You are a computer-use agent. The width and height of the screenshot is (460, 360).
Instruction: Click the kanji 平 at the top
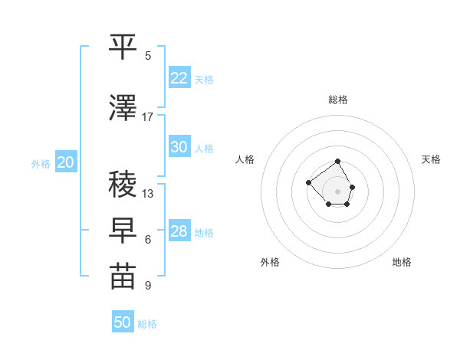tap(123, 47)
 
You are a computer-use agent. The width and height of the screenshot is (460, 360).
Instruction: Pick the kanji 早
tap(123, 231)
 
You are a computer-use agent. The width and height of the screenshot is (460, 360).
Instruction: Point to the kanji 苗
tap(123, 277)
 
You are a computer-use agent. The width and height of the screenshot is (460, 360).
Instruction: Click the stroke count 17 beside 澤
tap(148, 117)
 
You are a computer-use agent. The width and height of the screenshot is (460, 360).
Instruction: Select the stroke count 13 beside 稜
tap(148, 194)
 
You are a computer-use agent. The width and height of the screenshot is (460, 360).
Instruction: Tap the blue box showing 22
tap(179, 78)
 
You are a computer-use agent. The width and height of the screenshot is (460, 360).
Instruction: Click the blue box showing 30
tap(179, 147)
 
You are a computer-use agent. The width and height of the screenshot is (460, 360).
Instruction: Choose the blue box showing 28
tap(179, 231)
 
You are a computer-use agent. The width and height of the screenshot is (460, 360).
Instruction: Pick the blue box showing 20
tap(66, 162)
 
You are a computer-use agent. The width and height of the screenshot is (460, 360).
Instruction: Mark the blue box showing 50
tap(122, 322)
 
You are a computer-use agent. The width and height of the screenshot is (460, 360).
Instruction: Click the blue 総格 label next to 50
tap(147, 324)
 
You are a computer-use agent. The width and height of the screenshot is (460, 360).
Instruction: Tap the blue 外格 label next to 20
tap(41, 163)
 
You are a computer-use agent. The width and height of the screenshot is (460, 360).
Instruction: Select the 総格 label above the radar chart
tap(337, 100)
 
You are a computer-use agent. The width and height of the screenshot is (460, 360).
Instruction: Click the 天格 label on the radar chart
tap(431, 159)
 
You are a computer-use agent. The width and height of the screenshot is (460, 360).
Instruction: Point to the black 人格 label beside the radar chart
tap(245, 159)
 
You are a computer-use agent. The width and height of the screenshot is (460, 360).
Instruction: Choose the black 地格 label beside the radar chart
tap(402, 262)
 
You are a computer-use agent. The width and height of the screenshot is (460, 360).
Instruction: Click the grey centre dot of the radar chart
tap(337, 191)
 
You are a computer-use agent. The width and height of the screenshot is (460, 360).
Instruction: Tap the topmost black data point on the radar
tap(338, 162)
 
